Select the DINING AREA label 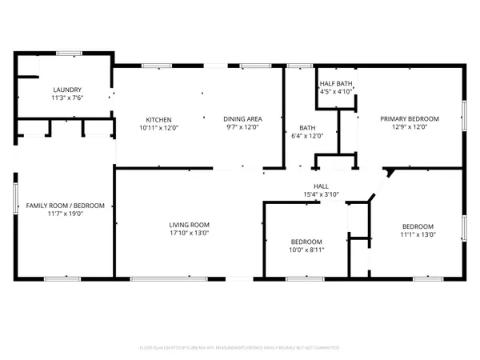[x=244, y=118]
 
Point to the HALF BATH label [x=336, y=83]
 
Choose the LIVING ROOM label [x=189, y=225]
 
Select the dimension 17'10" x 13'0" [x=189, y=234]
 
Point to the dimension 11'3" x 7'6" [x=67, y=98]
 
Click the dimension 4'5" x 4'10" [x=336, y=92]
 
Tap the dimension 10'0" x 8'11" [x=306, y=250]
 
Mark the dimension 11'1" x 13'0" [x=418, y=234]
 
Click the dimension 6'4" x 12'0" [x=306, y=136]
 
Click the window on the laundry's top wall [x=68, y=53]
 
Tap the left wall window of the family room [x=14, y=198]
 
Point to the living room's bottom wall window [x=152, y=278]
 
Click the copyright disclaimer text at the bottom [x=240, y=348]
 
